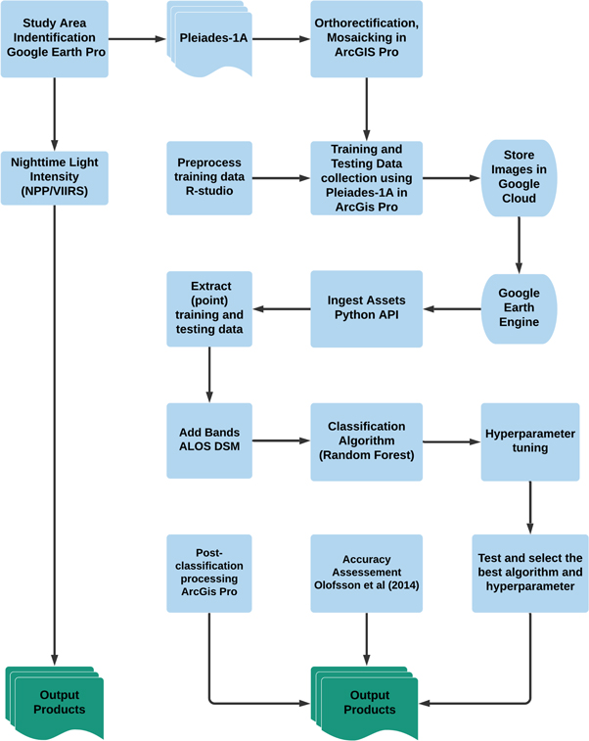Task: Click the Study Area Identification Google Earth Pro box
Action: point(54,39)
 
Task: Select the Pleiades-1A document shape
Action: point(210,40)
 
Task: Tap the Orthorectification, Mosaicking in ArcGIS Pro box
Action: point(367,39)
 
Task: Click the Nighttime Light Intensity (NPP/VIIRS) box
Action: point(54,177)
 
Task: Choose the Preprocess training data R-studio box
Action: point(209,178)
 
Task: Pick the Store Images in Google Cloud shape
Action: point(519,178)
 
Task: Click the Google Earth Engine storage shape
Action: point(519,308)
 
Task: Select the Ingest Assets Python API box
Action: point(367,308)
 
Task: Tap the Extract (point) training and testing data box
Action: point(209,308)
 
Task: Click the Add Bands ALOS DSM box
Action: point(209,440)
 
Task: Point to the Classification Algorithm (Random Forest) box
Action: point(367,440)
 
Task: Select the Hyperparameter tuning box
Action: point(529,440)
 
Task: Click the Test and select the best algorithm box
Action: point(529,573)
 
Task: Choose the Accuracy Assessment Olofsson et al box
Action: point(367,573)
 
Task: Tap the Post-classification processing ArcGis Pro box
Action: point(209,573)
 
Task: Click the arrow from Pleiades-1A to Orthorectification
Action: point(281,40)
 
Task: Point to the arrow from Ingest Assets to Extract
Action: point(282,309)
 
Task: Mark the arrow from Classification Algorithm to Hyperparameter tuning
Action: point(451,440)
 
